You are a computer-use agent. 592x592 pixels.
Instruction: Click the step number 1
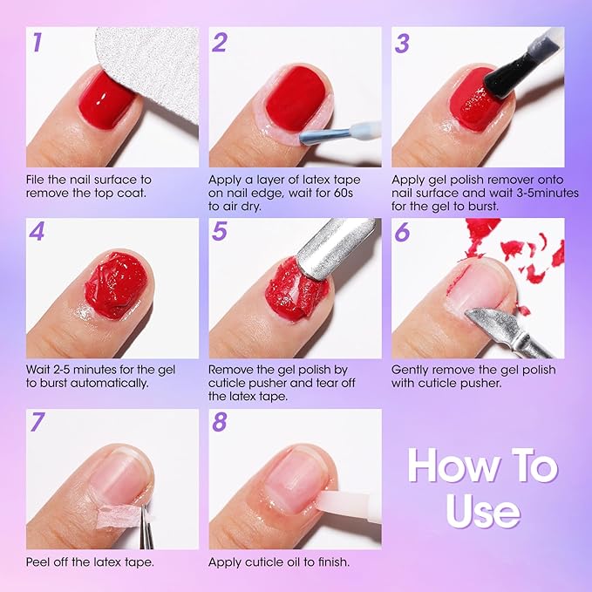(x=37, y=43)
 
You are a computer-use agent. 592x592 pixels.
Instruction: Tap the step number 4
(x=37, y=233)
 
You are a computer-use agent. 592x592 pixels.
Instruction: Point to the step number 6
(x=402, y=233)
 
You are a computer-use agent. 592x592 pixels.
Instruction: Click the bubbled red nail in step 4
(x=115, y=284)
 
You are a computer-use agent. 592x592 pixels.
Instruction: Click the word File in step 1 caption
(x=39, y=180)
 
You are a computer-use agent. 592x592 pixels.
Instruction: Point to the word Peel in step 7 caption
(x=41, y=561)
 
